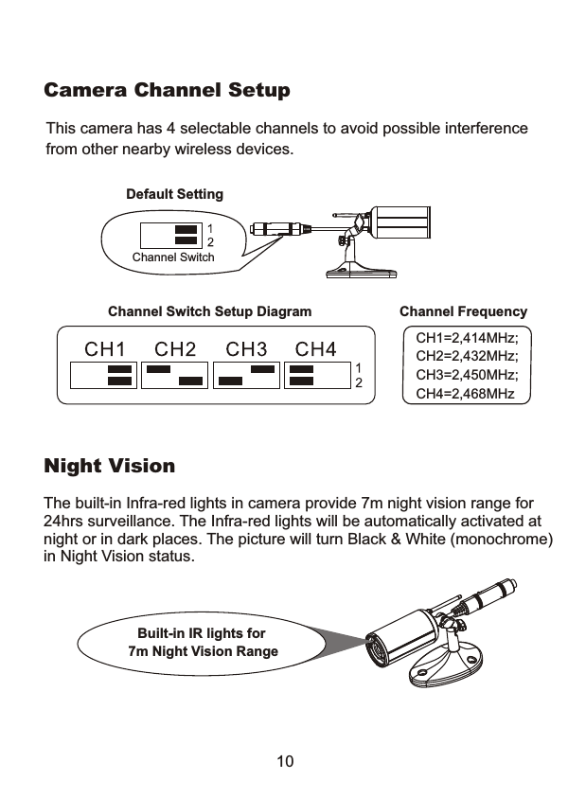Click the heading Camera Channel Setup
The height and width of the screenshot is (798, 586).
pos(168,92)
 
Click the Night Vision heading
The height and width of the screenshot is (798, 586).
pos(110,467)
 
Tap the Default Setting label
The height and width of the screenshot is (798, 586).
pos(175,194)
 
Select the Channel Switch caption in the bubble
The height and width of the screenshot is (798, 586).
pos(173,257)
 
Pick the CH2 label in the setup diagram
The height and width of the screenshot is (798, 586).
pos(175,349)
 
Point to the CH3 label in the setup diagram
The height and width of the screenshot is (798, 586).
pos(245,349)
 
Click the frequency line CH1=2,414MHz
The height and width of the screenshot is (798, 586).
pos(468,338)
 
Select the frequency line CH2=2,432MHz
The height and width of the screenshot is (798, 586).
pos(468,356)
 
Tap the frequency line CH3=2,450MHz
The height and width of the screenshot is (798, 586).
pos(468,374)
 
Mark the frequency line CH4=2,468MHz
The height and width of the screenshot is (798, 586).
pos(466,392)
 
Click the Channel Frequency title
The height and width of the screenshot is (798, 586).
pos(463,311)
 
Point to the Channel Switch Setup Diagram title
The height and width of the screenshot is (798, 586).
pos(210,311)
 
